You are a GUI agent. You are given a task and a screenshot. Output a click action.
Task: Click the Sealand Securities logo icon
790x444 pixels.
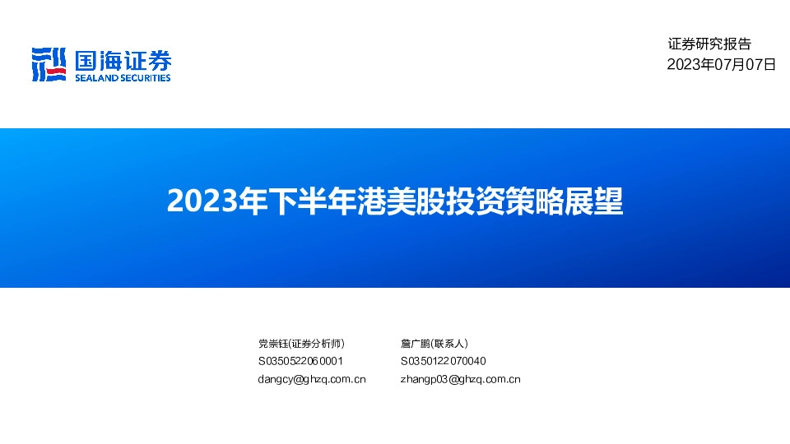(49, 64)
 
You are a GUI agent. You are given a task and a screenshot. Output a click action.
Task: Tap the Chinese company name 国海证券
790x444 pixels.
(123, 60)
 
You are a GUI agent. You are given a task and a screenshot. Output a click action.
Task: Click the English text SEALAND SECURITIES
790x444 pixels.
(123, 78)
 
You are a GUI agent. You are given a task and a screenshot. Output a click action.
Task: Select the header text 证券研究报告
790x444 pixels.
(709, 44)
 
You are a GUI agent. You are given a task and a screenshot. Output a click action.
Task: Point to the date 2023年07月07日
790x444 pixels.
(721, 64)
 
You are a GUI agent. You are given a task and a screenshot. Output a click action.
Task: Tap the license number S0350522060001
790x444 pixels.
(300, 361)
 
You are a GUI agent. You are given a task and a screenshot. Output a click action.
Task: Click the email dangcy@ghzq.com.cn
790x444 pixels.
(312, 379)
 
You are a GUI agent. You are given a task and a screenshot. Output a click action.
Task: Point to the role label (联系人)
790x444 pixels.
(449, 343)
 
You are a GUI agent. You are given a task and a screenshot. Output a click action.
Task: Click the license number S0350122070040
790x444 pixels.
(443, 361)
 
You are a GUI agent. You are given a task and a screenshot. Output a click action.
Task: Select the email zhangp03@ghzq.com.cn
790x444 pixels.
(460, 379)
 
